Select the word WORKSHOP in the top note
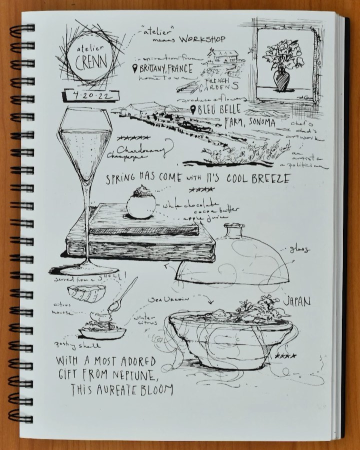click(202, 39)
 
